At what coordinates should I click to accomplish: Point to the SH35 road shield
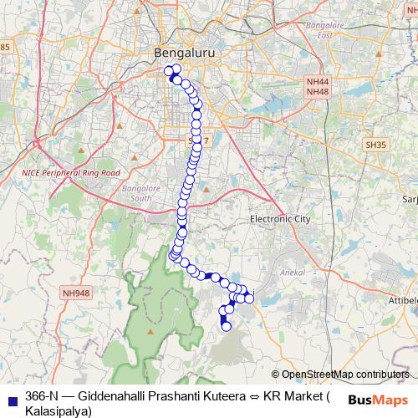coord(375,145)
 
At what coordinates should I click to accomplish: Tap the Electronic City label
coord(280,218)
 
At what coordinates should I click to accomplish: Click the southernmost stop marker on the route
coord(225,327)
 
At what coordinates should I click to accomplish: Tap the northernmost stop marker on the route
coord(176,69)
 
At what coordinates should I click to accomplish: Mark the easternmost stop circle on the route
coord(249,298)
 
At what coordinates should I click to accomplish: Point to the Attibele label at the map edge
coord(402,300)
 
